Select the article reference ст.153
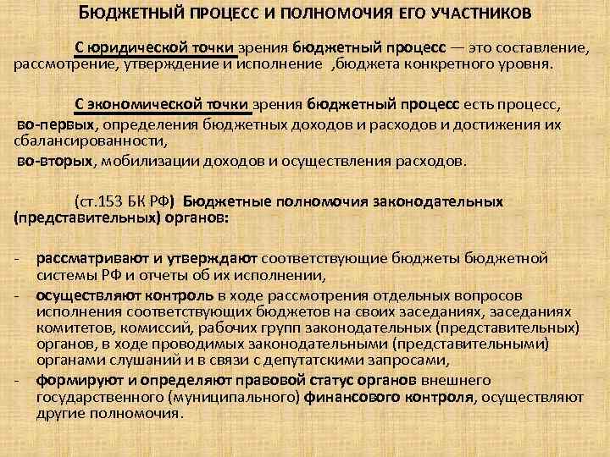[x=99, y=202]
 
